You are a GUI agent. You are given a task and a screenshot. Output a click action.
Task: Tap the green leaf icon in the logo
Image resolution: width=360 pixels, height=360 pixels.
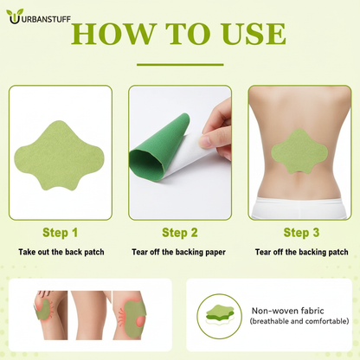pyautogui.click(x=12, y=15)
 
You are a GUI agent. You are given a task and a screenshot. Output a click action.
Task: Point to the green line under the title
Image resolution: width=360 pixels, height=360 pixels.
pyautogui.click(x=180, y=63)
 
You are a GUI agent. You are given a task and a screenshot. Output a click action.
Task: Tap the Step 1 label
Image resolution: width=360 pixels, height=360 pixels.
pyautogui.click(x=60, y=232)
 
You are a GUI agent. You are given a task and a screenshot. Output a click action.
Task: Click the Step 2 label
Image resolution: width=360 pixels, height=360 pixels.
pyautogui.click(x=180, y=232)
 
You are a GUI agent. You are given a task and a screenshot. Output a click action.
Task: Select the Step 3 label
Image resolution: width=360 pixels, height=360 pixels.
pyautogui.click(x=301, y=232)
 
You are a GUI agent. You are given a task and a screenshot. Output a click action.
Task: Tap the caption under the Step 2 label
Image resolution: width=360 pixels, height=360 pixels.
pyautogui.click(x=180, y=252)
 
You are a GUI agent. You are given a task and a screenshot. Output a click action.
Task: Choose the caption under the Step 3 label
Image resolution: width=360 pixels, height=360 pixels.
pyautogui.click(x=301, y=252)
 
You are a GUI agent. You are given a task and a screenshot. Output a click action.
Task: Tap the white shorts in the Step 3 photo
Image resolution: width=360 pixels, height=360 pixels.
pyautogui.click(x=299, y=208)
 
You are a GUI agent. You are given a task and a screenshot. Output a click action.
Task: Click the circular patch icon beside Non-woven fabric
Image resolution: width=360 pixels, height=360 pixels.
pyautogui.click(x=219, y=315)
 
